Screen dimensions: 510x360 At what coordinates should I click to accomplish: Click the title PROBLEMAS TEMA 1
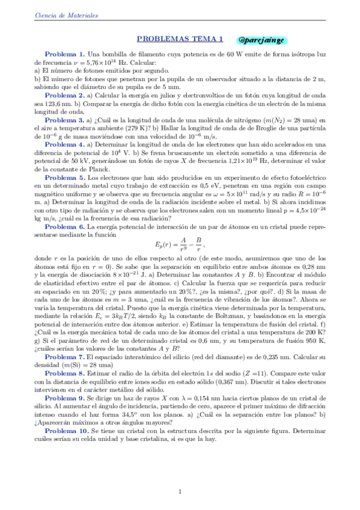tap(180, 39)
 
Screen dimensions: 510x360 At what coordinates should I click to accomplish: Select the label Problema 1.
tap(65, 54)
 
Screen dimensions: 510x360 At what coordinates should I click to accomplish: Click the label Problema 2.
tap(65, 95)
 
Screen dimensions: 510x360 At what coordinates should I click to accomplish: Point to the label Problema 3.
tap(65, 120)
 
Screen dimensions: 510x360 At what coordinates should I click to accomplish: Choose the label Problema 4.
tap(65, 145)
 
